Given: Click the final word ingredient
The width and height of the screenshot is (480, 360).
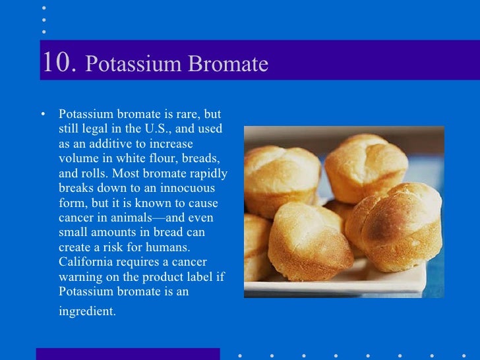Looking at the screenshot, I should point(86,311).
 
